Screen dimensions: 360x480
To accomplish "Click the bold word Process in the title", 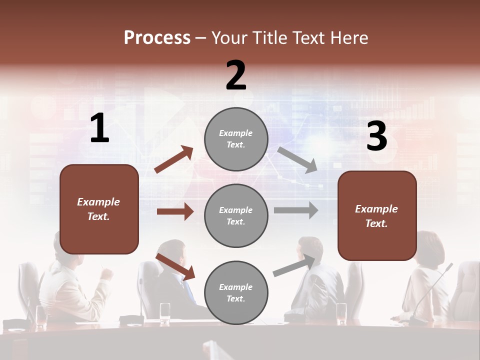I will coord(157,38).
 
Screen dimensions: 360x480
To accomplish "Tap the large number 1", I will coord(99,128).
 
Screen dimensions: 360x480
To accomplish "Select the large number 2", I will coord(236,75).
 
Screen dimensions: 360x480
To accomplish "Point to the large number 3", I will coord(376,136).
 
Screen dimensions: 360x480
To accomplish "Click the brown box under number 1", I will coord(99,209).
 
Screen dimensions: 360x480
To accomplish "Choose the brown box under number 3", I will coord(377,215).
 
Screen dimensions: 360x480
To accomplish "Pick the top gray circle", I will coord(236,138).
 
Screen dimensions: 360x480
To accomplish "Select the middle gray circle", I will coord(236,215).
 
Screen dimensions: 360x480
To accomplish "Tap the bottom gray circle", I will coord(236,292).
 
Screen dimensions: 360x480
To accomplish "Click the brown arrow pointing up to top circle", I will coord(174,159).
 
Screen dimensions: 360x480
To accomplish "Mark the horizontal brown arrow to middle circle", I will coord(175,211).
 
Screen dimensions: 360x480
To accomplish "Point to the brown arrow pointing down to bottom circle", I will coord(175,266).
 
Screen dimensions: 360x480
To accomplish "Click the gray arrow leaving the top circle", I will coord(297,159).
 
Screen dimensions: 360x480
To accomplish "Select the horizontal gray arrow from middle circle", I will coord(296,210).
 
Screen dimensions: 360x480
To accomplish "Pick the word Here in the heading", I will coord(349,38).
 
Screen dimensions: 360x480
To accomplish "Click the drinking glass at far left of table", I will coord(40,315).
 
